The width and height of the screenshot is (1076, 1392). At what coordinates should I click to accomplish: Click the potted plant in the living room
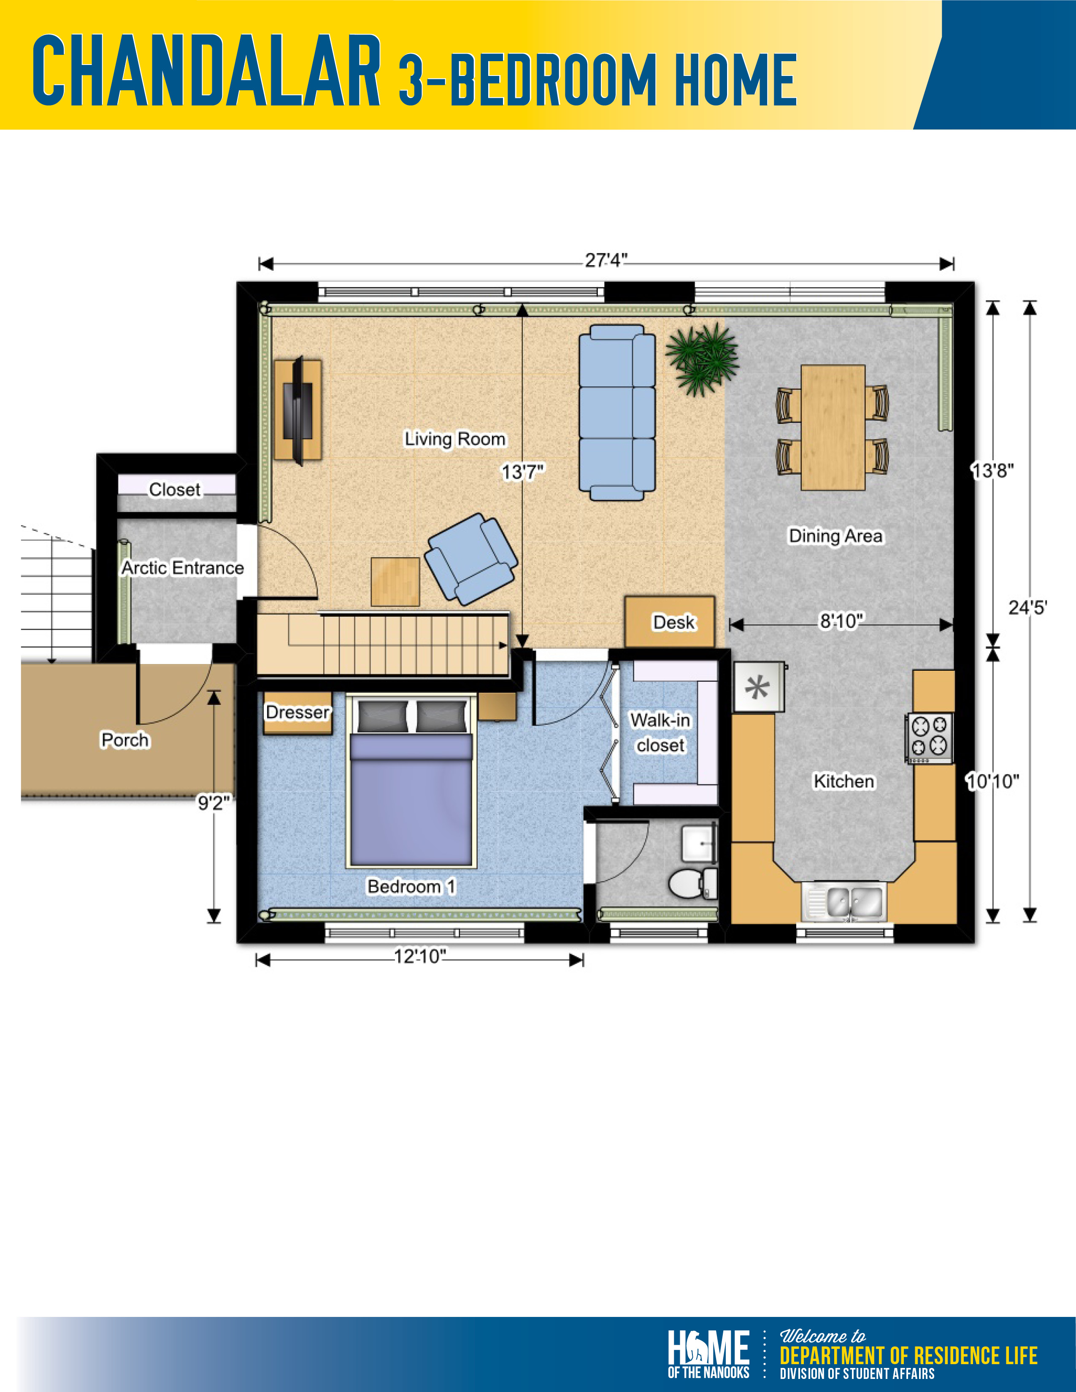(702, 359)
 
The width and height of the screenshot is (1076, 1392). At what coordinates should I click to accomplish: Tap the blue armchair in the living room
(471, 559)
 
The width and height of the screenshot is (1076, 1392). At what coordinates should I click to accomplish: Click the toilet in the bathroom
(692, 883)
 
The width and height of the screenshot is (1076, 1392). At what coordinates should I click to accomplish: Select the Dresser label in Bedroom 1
(297, 712)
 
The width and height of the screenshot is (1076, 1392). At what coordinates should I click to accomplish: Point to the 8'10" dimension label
(841, 620)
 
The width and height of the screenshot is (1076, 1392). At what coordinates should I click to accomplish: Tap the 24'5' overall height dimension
(1027, 607)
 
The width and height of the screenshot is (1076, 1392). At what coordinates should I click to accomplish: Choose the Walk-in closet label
(660, 732)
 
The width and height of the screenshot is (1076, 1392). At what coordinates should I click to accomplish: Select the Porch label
(125, 739)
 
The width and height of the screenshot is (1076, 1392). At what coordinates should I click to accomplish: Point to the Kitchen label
(843, 781)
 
